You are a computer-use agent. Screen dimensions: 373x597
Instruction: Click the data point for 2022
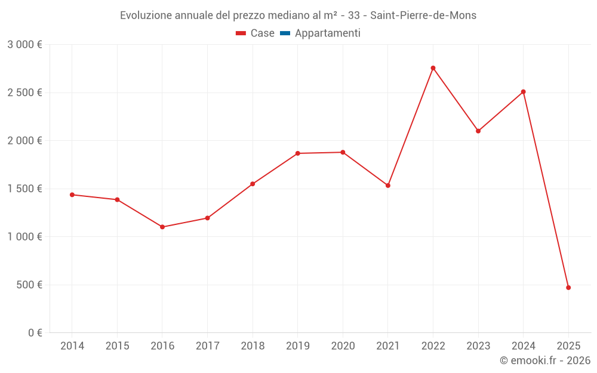point(433,68)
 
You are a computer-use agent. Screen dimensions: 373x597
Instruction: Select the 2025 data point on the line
point(568,288)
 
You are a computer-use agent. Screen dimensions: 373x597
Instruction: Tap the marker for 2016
point(162,227)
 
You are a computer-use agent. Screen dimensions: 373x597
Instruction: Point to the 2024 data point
point(524,92)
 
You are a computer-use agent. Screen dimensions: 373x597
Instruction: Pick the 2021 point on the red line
point(388,186)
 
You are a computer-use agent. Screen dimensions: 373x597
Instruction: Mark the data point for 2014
point(72,195)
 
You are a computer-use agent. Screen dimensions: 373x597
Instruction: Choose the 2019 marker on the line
point(298,153)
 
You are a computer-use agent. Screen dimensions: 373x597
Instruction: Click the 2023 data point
point(478,131)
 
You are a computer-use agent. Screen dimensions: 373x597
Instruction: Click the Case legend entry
point(256,33)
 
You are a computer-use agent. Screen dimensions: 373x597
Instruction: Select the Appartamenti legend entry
point(321,33)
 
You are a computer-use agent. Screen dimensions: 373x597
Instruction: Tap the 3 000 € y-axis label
point(24,45)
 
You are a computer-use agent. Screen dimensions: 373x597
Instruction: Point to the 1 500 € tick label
point(24,189)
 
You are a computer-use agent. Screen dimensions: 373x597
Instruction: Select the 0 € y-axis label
point(35,333)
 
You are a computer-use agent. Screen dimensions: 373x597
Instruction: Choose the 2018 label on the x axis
point(253,346)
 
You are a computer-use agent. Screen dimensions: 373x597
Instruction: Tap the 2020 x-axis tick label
point(343,346)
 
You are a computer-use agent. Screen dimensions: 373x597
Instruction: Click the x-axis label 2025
point(568,346)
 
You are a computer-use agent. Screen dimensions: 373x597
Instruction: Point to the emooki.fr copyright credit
point(545,360)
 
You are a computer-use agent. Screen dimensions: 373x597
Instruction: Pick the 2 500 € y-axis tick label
point(24,93)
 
